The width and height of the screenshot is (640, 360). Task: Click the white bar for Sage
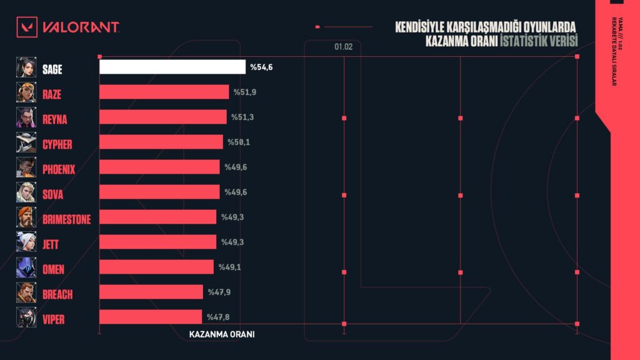pyautogui.click(x=172, y=67)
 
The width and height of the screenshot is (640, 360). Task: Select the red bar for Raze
pyautogui.click(x=164, y=92)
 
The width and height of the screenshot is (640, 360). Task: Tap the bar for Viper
pyautogui.click(x=151, y=317)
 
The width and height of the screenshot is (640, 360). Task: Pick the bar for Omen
pyautogui.click(x=156, y=267)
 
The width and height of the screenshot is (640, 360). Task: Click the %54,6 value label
pyautogui.click(x=262, y=67)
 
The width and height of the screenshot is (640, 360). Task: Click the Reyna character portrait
pyautogui.click(x=26, y=117)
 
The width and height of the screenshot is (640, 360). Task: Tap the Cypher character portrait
pyautogui.click(x=26, y=142)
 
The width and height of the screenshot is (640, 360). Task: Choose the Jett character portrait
pyautogui.click(x=26, y=242)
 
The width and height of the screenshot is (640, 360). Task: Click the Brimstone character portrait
pyautogui.click(x=26, y=217)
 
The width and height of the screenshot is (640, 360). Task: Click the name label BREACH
pyautogui.click(x=58, y=294)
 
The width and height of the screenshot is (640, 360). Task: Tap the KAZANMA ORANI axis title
pyautogui.click(x=222, y=334)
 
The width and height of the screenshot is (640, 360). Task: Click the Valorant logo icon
pyautogui.click(x=27, y=27)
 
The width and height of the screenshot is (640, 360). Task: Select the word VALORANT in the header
pyautogui.click(x=80, y=27)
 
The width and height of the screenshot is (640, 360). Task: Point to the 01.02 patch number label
pyautogui.click(x=343, y=47)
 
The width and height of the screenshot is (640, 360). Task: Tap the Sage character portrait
pyautogui.click(x=26, y=67)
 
